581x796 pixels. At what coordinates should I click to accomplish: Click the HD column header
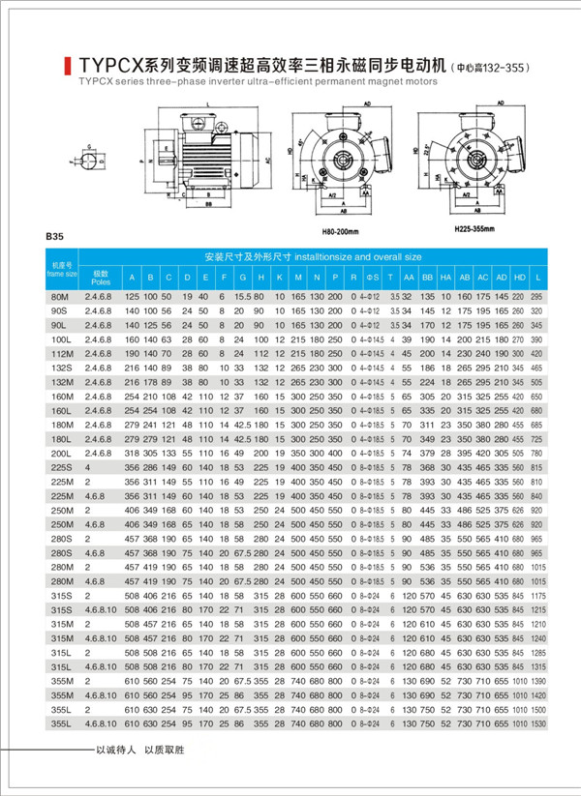tap(520, 279)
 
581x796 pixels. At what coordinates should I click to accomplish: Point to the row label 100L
tap(62, 341)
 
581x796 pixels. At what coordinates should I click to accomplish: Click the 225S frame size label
tap(62, 467)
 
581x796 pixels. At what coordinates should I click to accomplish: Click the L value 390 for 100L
tap(538, 341)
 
